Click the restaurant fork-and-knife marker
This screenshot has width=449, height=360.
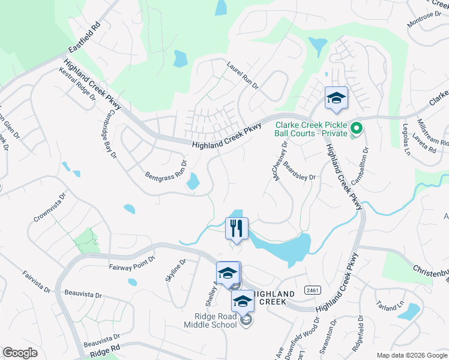pyautogui.click(x=237, y=228)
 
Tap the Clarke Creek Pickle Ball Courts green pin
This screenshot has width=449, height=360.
pyautogui.click(x=356, y=127)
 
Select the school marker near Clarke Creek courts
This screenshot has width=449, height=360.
pyautogui.click(x=336, y=98)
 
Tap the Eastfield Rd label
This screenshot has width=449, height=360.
pyautogui.click(x=85, y=40)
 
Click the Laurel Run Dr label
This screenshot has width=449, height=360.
pyautogui.click(x=242, y=76)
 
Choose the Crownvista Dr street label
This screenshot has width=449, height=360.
pyautogui.click(x=49, y=208)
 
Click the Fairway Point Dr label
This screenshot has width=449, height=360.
pyautogui.click(x=131, y=262)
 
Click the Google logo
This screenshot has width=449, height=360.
pyautogui.click(x=20, y=353)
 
